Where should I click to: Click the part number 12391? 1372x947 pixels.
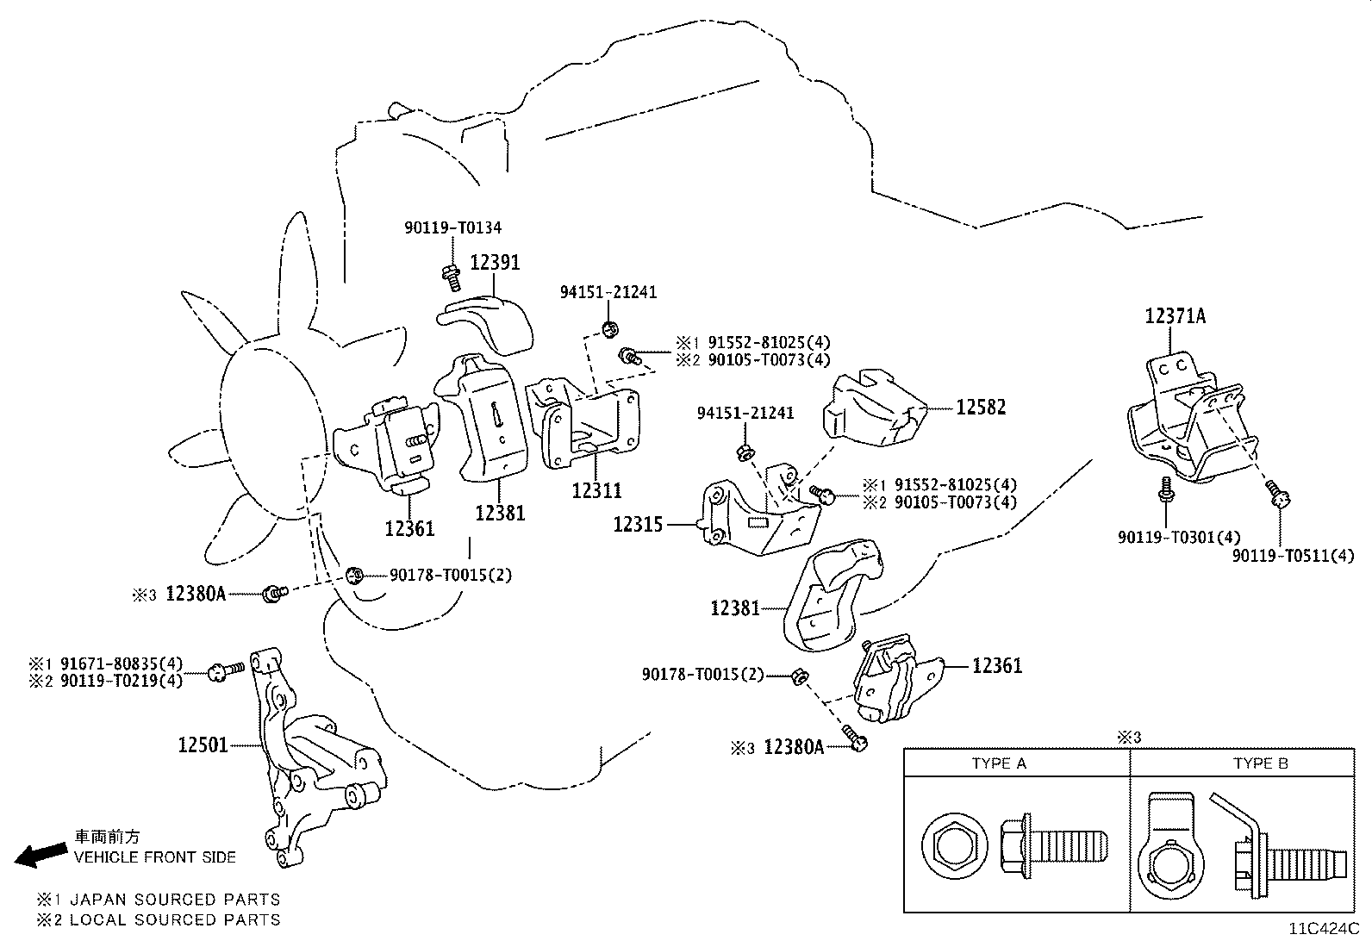(495, 262)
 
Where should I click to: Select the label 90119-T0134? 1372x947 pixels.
(452, 228)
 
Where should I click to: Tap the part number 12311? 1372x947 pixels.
(596, 490)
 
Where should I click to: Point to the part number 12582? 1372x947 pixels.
(980, 407)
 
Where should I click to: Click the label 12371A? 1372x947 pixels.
(1175, 316)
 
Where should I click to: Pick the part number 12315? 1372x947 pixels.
(638, 524)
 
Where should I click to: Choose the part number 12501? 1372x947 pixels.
(203, 744)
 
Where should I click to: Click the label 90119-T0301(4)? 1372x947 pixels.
(1167, 537)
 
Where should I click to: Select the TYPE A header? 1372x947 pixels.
(999, 763)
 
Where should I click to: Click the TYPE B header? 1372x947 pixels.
(1260, 763)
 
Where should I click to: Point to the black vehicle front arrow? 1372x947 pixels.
(41, 854)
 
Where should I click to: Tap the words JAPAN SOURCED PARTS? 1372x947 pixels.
(175, 900)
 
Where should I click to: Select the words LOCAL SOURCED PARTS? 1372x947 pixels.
(175, 919)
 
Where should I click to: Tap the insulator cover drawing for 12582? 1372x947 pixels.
(875, 409)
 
